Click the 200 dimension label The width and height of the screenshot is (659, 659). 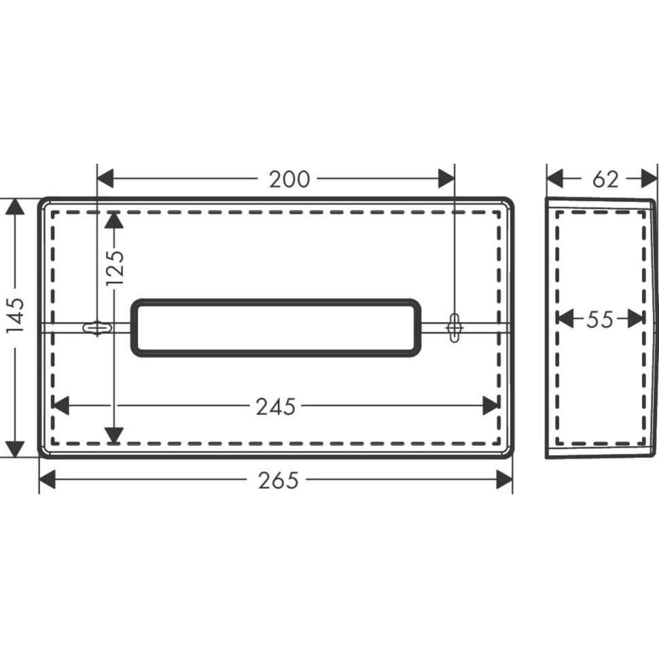coord(289,179)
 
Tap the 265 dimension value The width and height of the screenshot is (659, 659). coord(279,480)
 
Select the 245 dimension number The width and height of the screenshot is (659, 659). coord(276,407)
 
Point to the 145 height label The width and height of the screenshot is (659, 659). coord(16,316)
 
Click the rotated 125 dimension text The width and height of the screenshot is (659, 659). coord(115,268)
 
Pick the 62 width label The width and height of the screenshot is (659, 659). coord(605,179)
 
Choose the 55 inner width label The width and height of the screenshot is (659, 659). coord(600,319)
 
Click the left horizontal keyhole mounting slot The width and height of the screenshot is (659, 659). coord(98,327)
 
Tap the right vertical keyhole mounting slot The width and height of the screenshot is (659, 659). coord(455,327)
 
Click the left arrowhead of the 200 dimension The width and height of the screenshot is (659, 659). coord(105,179)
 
